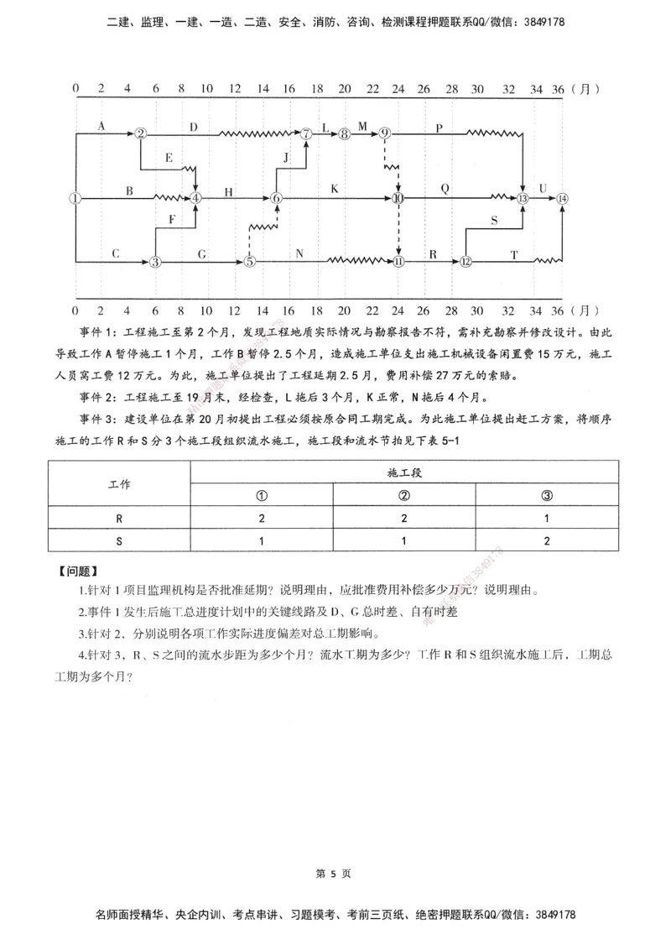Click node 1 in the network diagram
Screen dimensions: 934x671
point(75,198)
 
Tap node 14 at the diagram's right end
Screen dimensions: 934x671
point(562,198)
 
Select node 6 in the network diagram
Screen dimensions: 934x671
point(276,198)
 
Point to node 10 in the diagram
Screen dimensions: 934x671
point(398,198)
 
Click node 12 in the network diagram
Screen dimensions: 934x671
point(466,262)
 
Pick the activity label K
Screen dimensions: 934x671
point(335,189)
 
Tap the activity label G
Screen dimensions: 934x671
point(201,253)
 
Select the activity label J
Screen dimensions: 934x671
point(286,157)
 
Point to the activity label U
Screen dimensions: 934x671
point(543,188)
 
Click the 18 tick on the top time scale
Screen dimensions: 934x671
point(317,87)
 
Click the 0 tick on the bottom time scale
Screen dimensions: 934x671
point(75,309)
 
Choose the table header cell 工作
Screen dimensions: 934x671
point(119,484)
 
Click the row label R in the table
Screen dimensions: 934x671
point(119,518)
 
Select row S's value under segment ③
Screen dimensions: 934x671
point(547,541)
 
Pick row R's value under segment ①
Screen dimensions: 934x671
point(262,518)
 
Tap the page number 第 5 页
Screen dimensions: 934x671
point(334,873)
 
